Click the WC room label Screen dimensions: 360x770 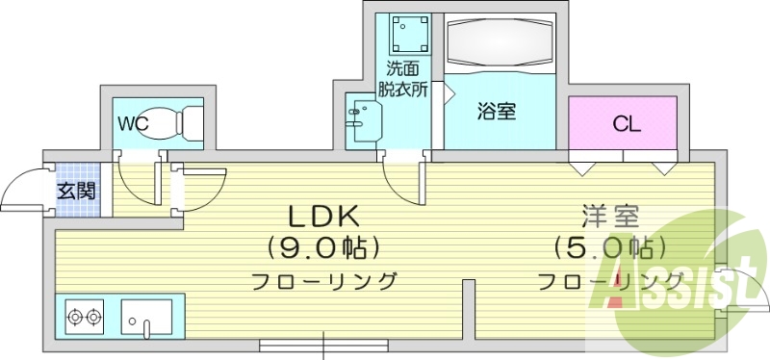[133, 123]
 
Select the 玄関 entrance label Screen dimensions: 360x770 [75, 190]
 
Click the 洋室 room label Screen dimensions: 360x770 [609, 216]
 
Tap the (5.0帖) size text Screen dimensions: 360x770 [609, 247]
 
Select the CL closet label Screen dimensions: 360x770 [627, 124]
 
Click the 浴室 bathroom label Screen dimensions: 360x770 [497, 111]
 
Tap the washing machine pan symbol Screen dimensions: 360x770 [409, 34]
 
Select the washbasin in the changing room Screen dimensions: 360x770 [364, 121]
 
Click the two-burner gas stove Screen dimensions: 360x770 [85, 315]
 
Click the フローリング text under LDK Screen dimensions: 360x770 [324, 282]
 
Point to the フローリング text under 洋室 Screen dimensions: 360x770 [609, 282]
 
